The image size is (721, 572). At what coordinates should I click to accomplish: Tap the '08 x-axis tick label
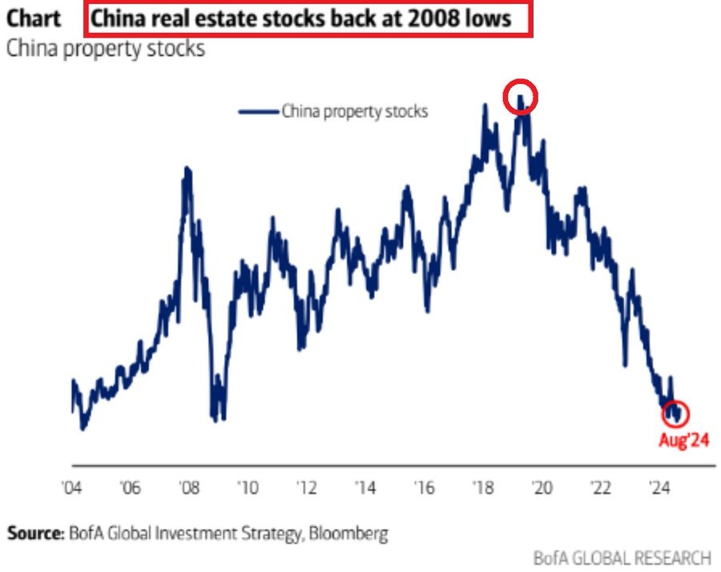(189, 488)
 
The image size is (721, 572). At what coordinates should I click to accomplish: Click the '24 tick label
(659, 488)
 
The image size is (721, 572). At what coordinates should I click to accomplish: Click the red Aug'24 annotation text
(683, 439)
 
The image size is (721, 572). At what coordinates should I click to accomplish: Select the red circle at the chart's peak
(521, 98)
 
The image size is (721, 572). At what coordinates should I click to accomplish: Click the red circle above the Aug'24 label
(675, 413)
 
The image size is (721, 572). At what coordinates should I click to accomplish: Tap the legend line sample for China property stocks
(258, 111)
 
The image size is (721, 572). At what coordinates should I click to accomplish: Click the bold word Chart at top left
(34, 18)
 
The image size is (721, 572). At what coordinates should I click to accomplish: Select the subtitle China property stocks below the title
(106, 48)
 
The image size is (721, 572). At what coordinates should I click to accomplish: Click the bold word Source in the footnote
(34, 532)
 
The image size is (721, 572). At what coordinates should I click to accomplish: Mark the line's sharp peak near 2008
(187, 168)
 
